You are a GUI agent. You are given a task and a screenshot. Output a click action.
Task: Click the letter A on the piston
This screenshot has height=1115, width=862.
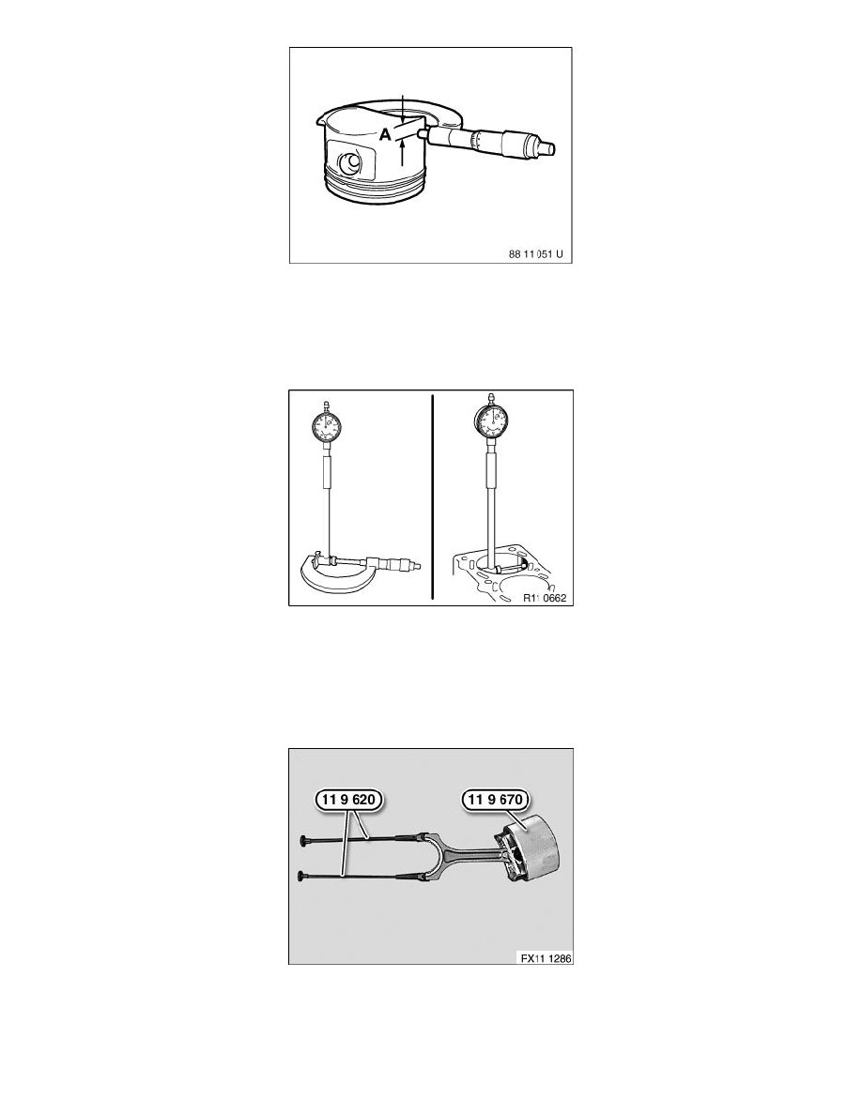(385, 134)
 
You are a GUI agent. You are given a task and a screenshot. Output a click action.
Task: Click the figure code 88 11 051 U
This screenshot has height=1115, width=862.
(537, 253)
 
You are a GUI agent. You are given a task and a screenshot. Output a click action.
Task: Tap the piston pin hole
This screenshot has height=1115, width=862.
(349, 164)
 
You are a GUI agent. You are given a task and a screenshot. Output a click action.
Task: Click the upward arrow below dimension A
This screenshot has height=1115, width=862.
(403, 151)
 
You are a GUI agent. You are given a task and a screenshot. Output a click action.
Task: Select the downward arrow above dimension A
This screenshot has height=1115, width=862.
(403, 107)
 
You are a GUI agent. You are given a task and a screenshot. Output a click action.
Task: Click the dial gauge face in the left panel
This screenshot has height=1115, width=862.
(327, 427)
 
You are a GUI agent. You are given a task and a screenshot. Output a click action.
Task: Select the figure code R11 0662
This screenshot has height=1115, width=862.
(545, 598)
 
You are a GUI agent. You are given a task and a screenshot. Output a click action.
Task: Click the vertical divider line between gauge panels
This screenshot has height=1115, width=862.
(433, 497)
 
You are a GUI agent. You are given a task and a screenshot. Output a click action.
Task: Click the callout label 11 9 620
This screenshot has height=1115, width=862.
(348, 800)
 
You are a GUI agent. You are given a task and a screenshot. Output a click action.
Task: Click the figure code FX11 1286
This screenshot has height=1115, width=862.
(546, 958)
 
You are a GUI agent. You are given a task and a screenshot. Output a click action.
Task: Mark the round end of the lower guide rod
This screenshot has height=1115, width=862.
(304, 873)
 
